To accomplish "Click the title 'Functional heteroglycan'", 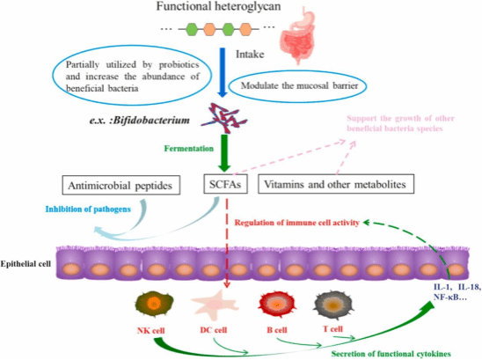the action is pyautogui.click(x=218, y=6).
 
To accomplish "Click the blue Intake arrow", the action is pyautogui.click(x=222, y=72).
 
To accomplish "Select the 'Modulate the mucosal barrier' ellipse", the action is pyautogui.click(x=299, y=86).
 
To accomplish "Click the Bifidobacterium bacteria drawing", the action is pyautogui.click(x=224, y=119).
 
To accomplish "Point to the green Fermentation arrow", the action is pyautogui.click(x=224, y=153).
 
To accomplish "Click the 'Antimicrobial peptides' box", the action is pyautogui.click(x=121, y=185).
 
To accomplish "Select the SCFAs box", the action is pyautogui.click(x=225, y=184).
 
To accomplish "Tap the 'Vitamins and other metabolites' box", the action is pyautogui.click(x=336, y=184).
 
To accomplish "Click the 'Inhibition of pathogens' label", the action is pyautogui.click(x=88, y=209).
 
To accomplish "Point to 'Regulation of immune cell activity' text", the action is pyautogui.click(x=297, y=223).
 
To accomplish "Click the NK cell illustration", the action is pyautogui.click(x=154, y=305).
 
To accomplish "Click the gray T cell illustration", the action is pyautogui.click(x=333, y=305).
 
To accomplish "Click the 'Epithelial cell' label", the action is pyautogui.click(x=26, y=264).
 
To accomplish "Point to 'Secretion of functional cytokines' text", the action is pyautogui.click(x=391, y=354).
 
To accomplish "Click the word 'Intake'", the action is pyautogui.click(x=250, y=55).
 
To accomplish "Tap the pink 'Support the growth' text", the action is pyautogui.click(x=400, y=123).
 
